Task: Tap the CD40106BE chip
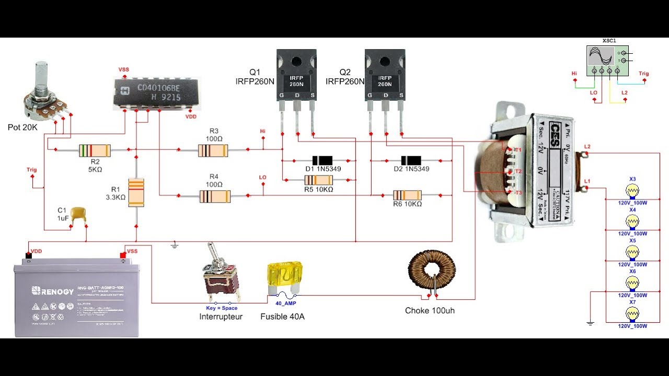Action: [x=157, y=92]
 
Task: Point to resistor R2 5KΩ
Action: [x=95, y=151]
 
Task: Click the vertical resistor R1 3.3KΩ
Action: [x=136, y=192]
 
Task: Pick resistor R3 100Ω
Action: [x=213, y=151]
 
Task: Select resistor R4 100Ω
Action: [x=215, y=196]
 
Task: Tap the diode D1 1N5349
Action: [x=322, y=160]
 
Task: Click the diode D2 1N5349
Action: [x=411, y=160]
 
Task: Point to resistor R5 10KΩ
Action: [x=318, y=180]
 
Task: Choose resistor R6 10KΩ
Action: [x=407, y=195]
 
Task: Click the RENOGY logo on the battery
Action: [x=52, y=290]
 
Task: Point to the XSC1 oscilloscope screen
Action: [x=600, y=56]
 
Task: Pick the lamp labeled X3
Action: [x=632, y=190]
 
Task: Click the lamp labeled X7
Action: [x=632, y=314]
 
